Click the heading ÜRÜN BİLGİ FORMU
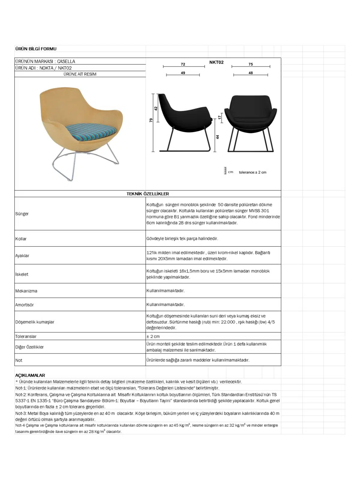[36, 49]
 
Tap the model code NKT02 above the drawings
[216, 62]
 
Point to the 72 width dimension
[183, 64]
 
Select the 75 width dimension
[251, 64]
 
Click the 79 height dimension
[151, 120]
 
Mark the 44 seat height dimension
[217, 137]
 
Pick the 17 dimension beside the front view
[220, 118]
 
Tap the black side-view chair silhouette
[183, 117]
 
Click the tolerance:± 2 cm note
[253, 172]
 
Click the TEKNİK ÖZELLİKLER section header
[148, 194]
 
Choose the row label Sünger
[22, 214]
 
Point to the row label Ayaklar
[22, 256]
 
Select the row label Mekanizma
[26, 291]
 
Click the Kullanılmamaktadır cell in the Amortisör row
[165, 304]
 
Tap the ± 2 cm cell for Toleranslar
[153, 337]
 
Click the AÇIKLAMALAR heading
[30, 375]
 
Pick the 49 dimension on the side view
[183, 73]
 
